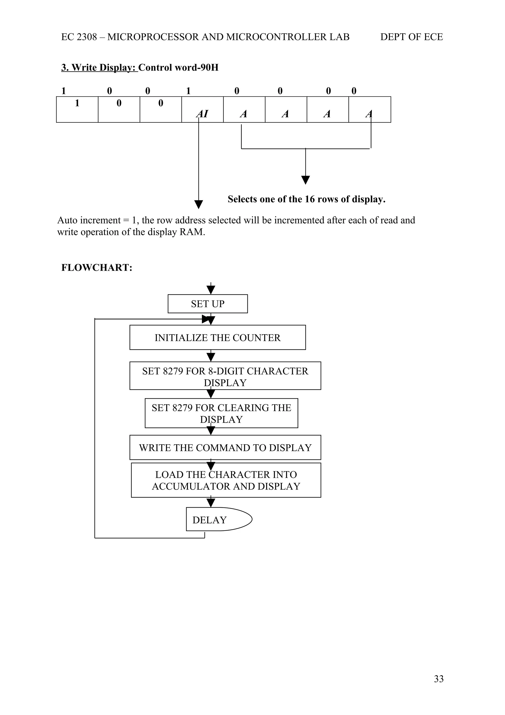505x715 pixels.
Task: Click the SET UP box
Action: tap(208, 304)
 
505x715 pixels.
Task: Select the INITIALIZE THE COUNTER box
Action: tap(217, 338)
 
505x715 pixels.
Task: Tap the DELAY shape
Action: tap(218, 520)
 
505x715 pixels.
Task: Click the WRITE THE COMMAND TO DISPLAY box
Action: tap(225, 448)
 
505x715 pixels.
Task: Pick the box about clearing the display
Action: tap(221, 413)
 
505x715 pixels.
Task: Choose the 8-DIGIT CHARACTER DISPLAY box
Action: tap(225, 376)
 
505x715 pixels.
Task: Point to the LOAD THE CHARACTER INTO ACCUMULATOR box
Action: tap(226, 480)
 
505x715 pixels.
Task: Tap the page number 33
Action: tap(438, 687)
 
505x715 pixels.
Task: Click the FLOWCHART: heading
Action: tap(97, 267)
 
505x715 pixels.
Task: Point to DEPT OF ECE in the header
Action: tap(411, 37)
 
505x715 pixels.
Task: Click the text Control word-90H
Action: tap(178, 68)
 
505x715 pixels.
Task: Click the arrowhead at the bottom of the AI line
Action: tap(198, 204)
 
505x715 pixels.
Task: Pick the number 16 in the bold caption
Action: tap(310, 199)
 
